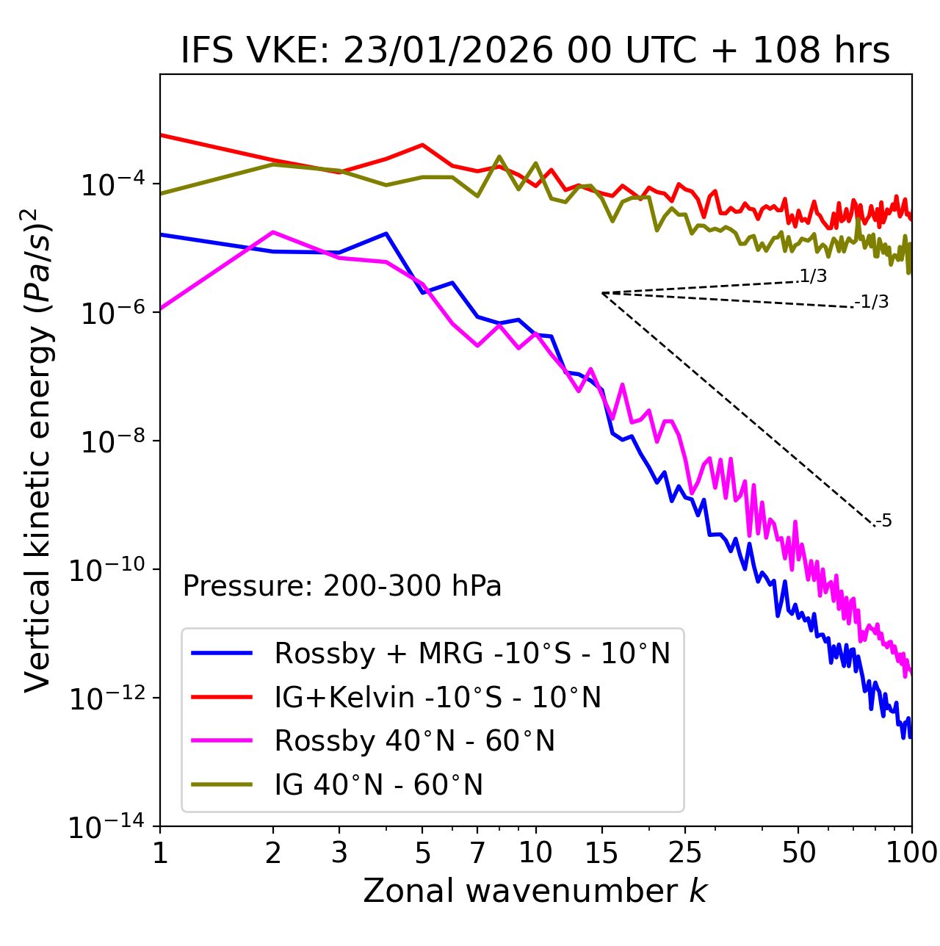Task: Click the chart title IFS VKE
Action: tap(535, 51)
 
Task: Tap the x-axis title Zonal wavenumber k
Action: tap(535, 890)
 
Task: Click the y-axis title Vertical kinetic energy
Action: tap(38, 449)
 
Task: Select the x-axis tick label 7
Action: tap(477, 853)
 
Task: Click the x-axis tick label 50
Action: tap(798, 853)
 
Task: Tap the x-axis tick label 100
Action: tap(911, 853)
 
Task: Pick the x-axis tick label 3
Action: tap(339, 853)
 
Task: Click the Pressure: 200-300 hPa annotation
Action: tap(342, 586)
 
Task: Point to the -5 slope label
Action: tap(884, 521)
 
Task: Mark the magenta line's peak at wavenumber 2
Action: tap(273, 232)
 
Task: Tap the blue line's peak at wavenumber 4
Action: tap(386, 234)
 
